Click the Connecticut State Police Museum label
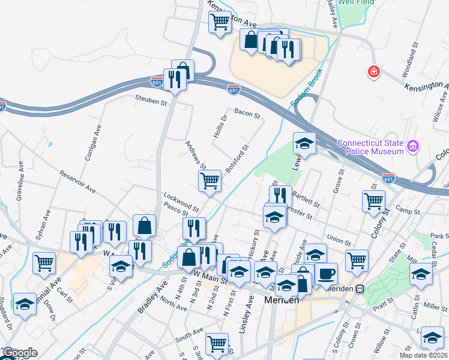pyautogui.click(x=370, y=147)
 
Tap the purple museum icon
pyautogui.click(x=412, y=146)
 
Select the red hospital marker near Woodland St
pyautogui.click(x=374, y=72)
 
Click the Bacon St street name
pyautogui.click(x=247, y=112)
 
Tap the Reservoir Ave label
pyautogui.click(x=77, y=182)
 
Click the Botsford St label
pyautogui.click(x=237, y=155)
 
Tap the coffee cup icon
pyautogui.click(x=327, y=274)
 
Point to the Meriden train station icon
pyautogui.click(x=360, y=288)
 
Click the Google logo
pyautogui.click(x=19, y=353)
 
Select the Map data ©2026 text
pyautogui.click(x=423, y=355)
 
